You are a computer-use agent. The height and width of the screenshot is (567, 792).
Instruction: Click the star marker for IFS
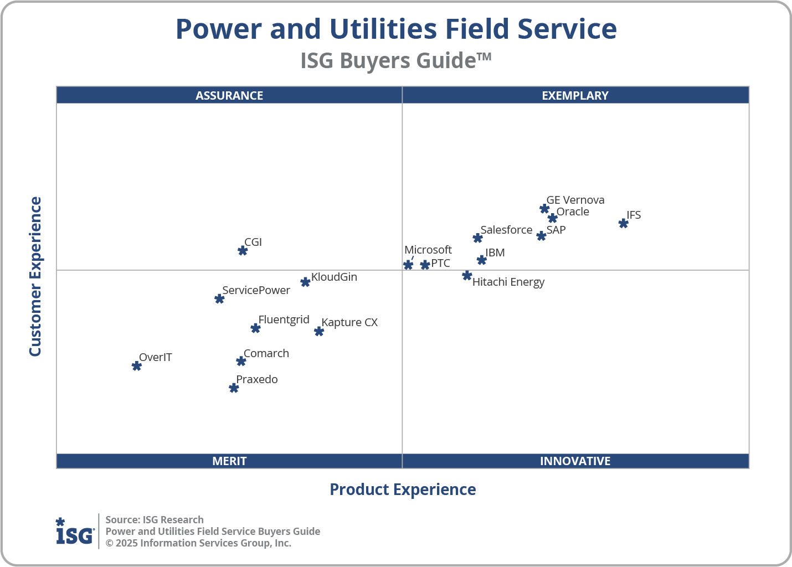click(x=623, y=223)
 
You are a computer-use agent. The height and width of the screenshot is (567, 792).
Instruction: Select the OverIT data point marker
click(x=136, y=365)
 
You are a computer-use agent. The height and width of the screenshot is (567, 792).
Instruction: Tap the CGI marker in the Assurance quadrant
click(x=243, y=250)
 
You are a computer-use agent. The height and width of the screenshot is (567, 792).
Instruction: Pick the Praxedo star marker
click(x=234, y=388)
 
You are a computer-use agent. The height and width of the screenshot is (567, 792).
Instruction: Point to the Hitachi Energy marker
click(x=467, y=275)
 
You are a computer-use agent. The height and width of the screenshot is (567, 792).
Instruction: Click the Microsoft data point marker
click(x=408, y=265)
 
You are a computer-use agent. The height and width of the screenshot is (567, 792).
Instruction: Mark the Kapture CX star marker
click(x=319, y=331)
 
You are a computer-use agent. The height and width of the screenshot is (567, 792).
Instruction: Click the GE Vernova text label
click(x=575, y=200)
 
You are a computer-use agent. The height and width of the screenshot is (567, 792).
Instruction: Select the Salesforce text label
click(x=506, y=230)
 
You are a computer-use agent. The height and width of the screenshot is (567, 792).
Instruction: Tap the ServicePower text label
click(x=256, y=290)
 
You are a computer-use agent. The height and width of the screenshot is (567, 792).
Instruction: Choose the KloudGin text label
click(x=334, y=277)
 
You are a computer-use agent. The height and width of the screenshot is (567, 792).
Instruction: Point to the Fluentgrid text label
click(x=284, y=319)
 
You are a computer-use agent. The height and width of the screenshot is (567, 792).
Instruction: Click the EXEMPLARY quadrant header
click(x=575, y=95)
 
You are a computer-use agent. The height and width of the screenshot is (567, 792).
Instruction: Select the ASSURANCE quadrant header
click(x=229, y=95)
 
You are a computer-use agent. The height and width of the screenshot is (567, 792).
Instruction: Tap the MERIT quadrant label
click(x=229, y=461)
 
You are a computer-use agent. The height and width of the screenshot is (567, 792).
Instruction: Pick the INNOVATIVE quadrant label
click(x=575, y=461)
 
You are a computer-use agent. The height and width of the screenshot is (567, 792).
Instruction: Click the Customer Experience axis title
click(x=35, y=277)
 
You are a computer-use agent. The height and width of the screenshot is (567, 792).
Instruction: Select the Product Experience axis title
click(x=403, y=489)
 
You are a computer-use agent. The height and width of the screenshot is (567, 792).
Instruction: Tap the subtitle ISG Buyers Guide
click(x=395, y=60)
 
